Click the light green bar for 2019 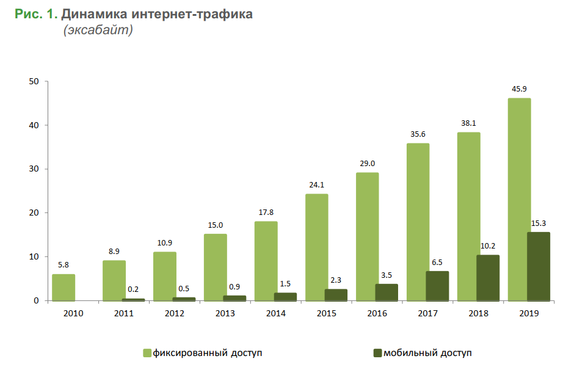click(x=519, y=199)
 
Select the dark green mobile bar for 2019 click(x=539, y=266)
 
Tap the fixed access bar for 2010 click(x=64, y=288)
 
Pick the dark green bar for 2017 click(x=437, y=286)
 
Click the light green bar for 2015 click(x=316, y=247)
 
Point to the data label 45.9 click(x=519, y=89)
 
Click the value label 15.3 click(x=539, y=223)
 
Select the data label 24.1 click(x=316, y=185)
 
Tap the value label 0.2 click(x=134, y=289)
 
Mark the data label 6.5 click(x=437, y=262)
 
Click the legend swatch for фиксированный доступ click(x=147, y=353)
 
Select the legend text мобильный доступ click(x=427, y=353)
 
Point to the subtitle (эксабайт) click(x=98, y=31)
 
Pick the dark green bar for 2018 click(x=488, y=278)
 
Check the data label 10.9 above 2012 click(x=164, y=243)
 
